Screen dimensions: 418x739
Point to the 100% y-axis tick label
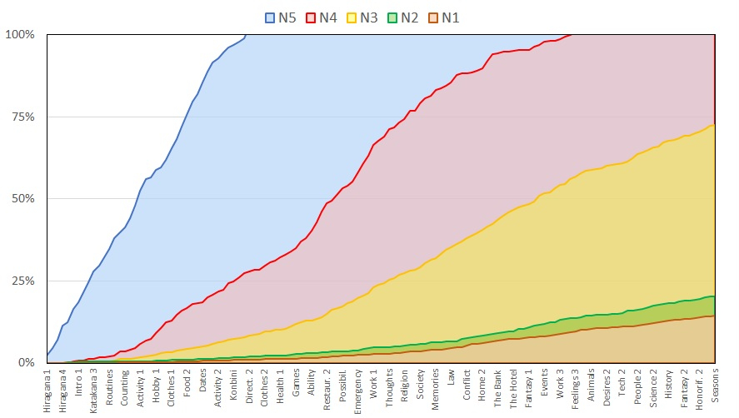[19, 35]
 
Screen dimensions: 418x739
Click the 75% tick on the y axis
[22, 117]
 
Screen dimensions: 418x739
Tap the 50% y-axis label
[22, 199]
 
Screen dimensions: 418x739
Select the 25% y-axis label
[22, 281]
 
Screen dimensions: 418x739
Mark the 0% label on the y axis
[25, 363]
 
